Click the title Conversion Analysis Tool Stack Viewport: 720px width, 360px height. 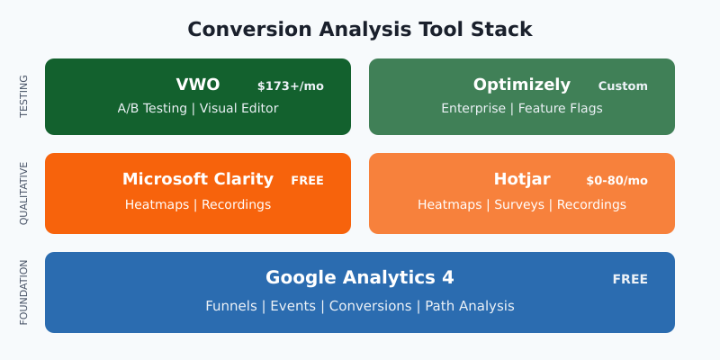click(x=360, y=29)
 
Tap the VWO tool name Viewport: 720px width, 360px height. click(x=198, y=85)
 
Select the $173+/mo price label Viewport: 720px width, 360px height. click(x=290, y=86)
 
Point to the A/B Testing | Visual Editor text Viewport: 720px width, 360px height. click(x=198, y=108)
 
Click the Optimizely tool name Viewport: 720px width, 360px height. click(x=522, y=85)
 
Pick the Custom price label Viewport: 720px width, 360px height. click(x=623, y=86)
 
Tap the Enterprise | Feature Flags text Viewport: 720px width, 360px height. click(x=522, y=108)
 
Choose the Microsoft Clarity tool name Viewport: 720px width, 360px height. click(x=198, y=179)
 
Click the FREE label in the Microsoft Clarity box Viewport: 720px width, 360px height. click(x=307, y=181)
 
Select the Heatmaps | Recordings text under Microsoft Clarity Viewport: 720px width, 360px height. click(x=198, y=204)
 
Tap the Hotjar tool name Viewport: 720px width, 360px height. click(x=522, y=179)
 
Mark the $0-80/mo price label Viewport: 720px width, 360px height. click(x=616, y=181)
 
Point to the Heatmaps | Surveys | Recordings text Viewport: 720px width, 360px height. click(x=522, y=204)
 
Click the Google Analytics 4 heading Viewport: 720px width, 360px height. click(x=360, y=277)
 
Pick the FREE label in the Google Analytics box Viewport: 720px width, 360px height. click(x=630, y=279)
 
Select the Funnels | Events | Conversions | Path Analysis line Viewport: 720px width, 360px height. click(x=360, y=306)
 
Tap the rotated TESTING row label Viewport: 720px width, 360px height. click(x=24, y=96)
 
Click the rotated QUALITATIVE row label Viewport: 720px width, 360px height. click(x=24, y=193)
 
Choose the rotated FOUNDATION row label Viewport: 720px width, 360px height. click(x=24, y=292)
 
